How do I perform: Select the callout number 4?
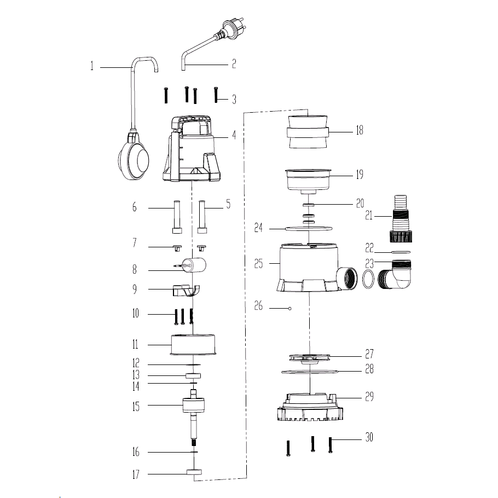(234, 134)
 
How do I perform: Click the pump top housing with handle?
(193, 148)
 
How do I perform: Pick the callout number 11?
(134, 345)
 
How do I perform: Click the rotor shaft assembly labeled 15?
(194, 408)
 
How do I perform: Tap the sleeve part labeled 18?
(308, 131)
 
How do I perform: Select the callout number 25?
(258, 263)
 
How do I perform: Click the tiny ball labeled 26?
(289, 309)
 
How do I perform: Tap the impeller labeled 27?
(310, 357)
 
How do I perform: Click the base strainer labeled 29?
(310, 409)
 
